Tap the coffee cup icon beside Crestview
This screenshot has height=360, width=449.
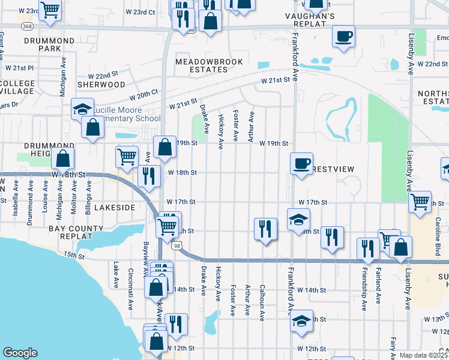click(301, 162)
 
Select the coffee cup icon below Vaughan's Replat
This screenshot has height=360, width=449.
click(344, 36)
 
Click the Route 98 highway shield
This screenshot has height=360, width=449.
click(176, 246)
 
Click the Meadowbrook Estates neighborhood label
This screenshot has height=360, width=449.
click(201, 65)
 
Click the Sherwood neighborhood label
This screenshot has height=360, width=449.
click(100, 85)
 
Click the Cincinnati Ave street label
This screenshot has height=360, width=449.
click(130, 277)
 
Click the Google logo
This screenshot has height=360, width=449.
click(20, 353)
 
